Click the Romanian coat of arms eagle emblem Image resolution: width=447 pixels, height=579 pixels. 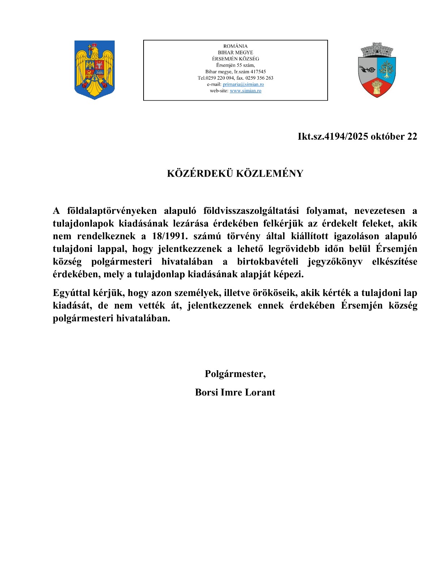point(94,69)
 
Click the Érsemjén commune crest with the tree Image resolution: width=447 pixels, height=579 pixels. point(377,70)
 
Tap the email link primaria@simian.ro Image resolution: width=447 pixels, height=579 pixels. point(243,84)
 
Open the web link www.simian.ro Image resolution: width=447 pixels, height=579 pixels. point(246,91)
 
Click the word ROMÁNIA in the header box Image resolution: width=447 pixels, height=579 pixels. point(235,46)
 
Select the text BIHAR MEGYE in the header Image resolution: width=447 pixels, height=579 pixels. point(235,52)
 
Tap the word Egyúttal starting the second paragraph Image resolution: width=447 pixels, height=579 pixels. point(71,293)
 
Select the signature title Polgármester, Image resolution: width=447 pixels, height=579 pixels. point(235,374)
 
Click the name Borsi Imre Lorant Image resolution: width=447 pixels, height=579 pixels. point(235,393)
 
